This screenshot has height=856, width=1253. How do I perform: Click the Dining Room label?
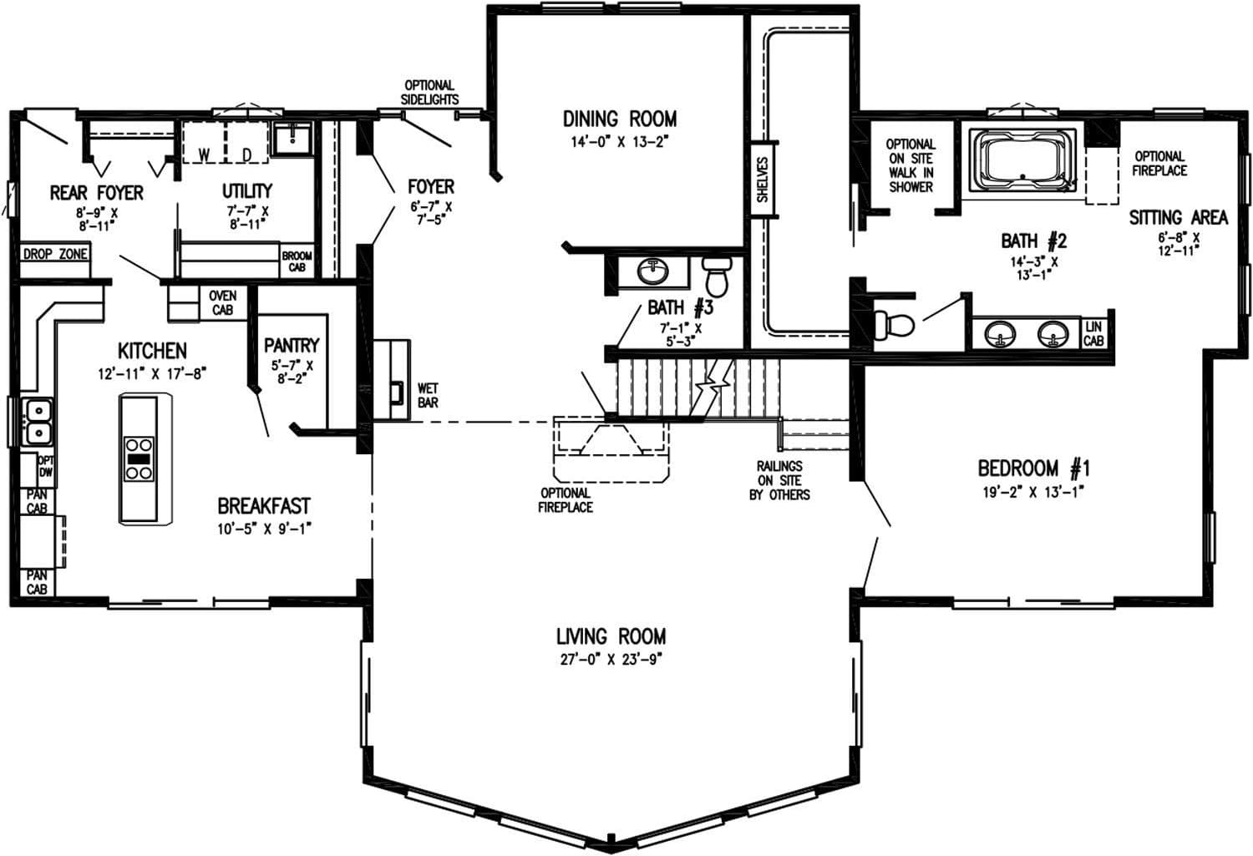coord(619,119)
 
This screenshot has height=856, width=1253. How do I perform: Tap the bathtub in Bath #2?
coord(1024,159)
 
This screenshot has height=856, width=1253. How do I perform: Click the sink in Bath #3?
coord(652,271)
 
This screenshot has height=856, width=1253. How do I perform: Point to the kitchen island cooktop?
coord(139,458)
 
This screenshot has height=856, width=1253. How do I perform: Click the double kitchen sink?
coord(38,422)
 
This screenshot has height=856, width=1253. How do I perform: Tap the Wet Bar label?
coord(427,396)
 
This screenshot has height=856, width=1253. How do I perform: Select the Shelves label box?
coord(762,180)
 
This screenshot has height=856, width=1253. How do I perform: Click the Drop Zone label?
coord(54,254)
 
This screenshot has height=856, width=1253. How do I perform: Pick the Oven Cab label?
coord(223,302)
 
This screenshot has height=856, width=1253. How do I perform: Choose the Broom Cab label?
coord(297,261)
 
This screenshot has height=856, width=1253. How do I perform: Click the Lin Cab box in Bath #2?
coord(1093,334)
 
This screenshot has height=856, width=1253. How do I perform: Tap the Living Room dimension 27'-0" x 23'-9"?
coord(611,660)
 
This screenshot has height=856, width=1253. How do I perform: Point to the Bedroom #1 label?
coord(1033,468)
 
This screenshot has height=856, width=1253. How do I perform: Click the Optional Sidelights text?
coord(429,92)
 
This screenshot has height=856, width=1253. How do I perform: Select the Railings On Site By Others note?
coord(779,480)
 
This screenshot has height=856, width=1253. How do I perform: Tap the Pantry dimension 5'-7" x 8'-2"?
coord(292,371)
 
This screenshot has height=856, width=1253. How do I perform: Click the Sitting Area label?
coord(1178,218)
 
